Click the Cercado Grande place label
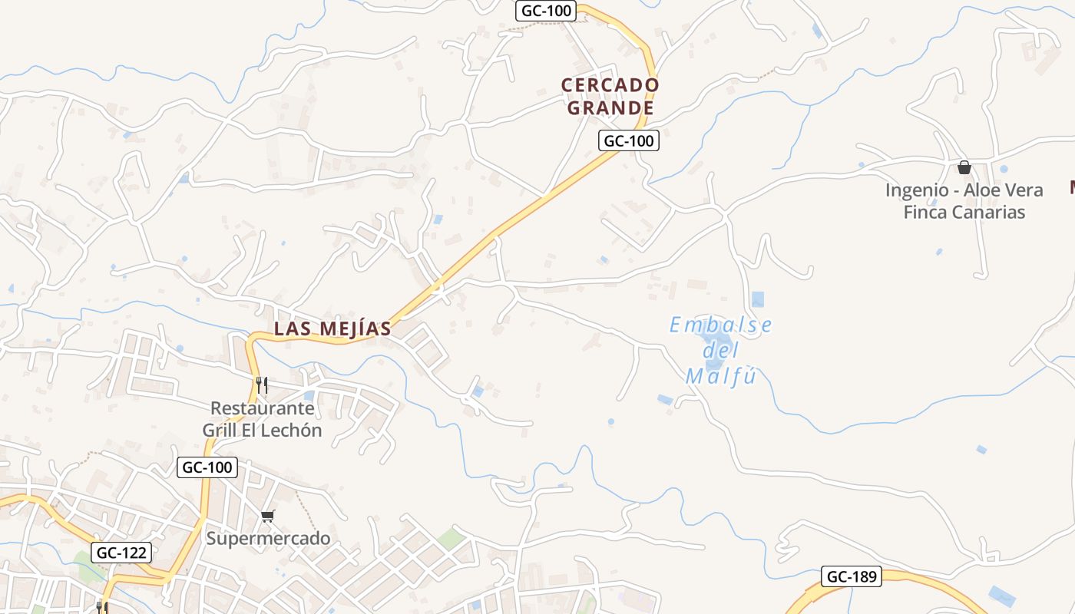(x=610, y=96)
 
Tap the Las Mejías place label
(x=332, y=328)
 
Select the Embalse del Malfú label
(x=720, y=351)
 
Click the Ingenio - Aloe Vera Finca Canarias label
(x=964, y=201)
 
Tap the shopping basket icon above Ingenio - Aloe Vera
(x=964, y=167)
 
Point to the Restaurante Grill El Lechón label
(x=262, y=419)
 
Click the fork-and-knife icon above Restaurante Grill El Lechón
(x=262, y=385)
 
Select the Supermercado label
(x=268, y=538)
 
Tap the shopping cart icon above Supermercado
(x=267, y=516)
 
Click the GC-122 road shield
(x=121, y=552)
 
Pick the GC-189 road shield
(x=851, y=576)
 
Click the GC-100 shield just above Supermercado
(x=207, y=467)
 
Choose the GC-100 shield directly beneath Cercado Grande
(x=628, y=140)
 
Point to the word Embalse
(x=720, y=325)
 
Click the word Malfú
(x=721, y=377)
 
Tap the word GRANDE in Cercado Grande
(x=610, y=107)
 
